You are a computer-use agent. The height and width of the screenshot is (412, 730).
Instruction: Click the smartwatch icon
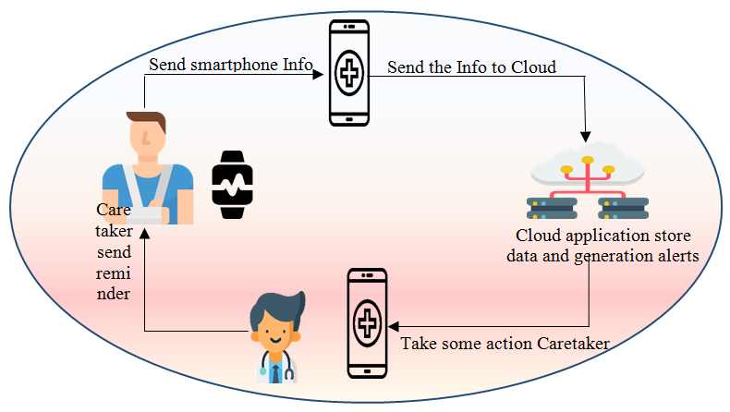click(230, 184)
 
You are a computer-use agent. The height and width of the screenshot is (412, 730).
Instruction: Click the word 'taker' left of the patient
click(115, 231)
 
